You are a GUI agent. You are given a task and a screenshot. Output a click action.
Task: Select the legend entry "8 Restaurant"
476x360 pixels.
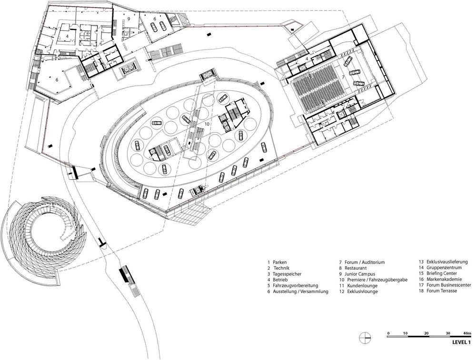(352, 268)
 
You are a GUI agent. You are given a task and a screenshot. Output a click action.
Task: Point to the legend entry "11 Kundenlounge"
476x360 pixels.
(357, 286)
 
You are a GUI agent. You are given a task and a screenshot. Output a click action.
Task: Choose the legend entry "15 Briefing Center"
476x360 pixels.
(438, 273)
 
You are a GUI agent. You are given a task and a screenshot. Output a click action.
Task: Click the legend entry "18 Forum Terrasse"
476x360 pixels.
(438, 291)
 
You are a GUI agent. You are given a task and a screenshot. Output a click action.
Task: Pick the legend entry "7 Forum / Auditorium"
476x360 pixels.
(362, 262)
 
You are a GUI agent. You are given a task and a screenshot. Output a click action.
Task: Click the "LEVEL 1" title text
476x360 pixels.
(461, 342)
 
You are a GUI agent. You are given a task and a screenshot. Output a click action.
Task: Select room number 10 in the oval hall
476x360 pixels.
(207, 124)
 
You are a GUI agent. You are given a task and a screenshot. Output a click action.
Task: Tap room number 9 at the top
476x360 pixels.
(129, 18)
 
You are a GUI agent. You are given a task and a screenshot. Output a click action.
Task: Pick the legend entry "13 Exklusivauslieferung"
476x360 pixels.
(443, 262)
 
